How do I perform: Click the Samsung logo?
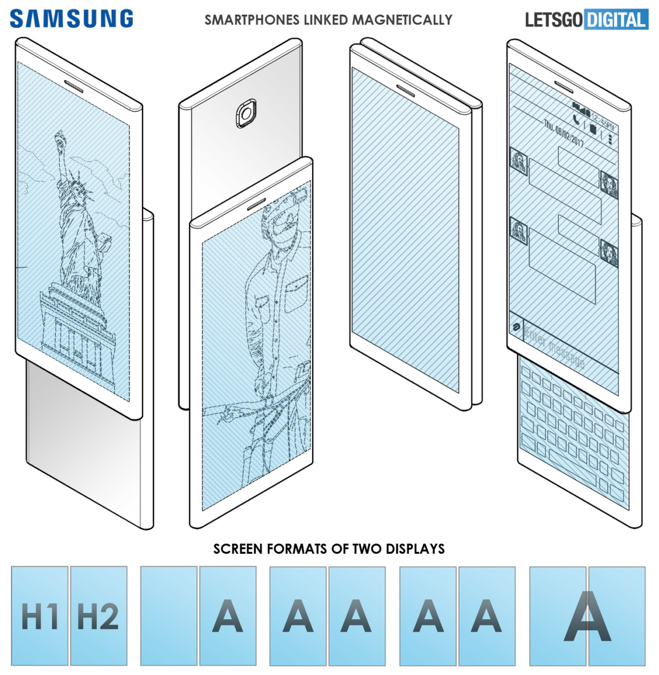71,19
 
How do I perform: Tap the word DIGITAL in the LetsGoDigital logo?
616,20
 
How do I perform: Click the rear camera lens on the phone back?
246,113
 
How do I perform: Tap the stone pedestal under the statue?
76,327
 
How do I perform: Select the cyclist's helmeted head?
279,219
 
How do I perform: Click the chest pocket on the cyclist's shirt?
295,287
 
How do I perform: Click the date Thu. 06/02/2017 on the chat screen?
564,134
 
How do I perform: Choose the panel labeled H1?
40,616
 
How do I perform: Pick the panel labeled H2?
99,616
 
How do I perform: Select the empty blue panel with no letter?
169,616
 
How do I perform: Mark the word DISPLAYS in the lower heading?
415,549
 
